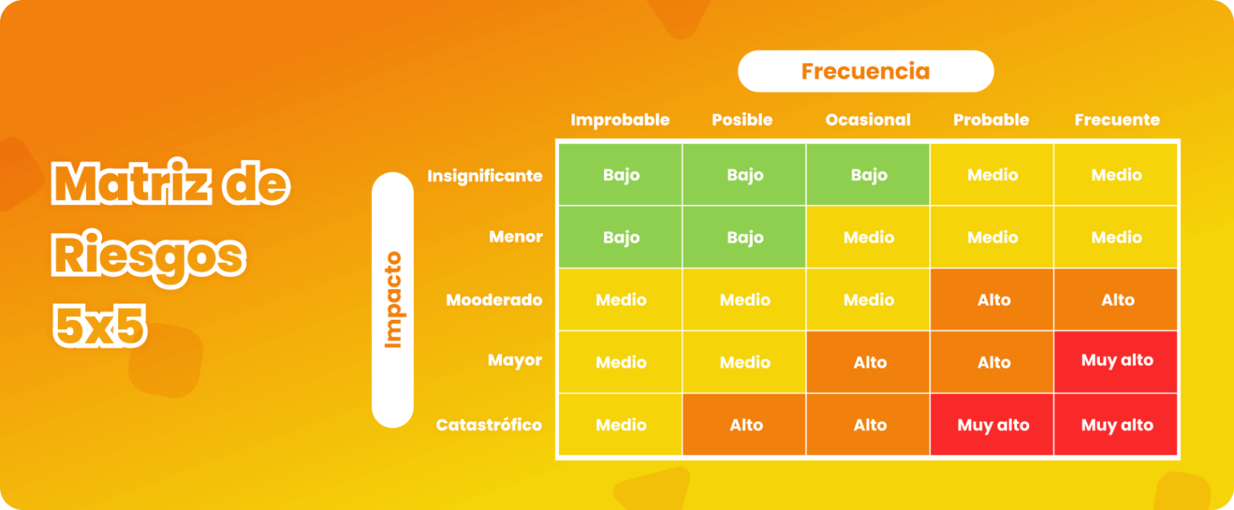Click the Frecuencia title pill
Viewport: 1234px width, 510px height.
tap(865, 71)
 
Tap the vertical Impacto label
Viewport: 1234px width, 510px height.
tap(393, 300)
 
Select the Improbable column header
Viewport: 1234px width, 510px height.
tap(619, 120)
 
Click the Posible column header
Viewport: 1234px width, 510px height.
tap(742, 120)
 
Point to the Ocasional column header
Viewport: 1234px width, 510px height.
tap(868, 120)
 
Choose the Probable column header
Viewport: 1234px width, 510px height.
tap(991, 120)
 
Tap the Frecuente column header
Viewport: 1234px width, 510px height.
tap(1117, 120)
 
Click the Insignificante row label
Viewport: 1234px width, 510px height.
tap(484, 175)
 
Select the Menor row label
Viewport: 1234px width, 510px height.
tap(516, 237)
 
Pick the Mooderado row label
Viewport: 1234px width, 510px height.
tap(494, 300)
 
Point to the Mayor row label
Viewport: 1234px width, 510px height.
tap(515, 361)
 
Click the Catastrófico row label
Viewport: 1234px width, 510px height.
tap(488, 425)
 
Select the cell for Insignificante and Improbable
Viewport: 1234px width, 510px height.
tap(620, 175)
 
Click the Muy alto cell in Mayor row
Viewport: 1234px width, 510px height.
tap(1117, 361)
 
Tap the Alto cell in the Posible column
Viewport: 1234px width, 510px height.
tap(745, 425)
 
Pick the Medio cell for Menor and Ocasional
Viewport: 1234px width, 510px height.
tap(868, 237)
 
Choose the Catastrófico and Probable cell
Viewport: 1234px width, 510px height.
tap(993, 425)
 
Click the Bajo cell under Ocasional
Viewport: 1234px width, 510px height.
tap(868, 175)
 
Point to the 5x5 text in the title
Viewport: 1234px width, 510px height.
tap(100, 325)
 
